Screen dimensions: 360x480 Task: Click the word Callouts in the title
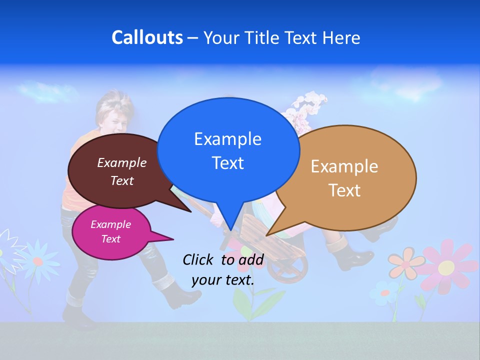(147, 38)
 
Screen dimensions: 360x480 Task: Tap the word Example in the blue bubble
(228, 139)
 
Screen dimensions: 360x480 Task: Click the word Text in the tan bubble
(345, 190)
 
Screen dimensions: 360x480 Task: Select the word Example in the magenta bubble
(111, 224)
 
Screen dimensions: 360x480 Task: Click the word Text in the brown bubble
(122, 180)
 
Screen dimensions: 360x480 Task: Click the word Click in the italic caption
(199, 259)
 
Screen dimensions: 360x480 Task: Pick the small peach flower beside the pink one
(405, 263)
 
